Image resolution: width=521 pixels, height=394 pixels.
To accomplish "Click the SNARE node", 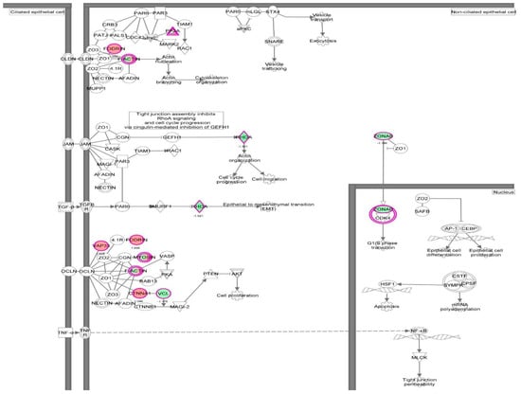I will pyautogui.click(x=274, y=43).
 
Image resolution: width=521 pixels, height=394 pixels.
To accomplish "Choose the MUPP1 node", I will pyautogui.click(x=94, y=91).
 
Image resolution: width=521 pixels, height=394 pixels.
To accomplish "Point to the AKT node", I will pyautogui.click(x=237, y=273).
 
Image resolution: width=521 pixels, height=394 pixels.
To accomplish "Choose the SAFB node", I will pyautogui.click(x=422, y=211).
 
